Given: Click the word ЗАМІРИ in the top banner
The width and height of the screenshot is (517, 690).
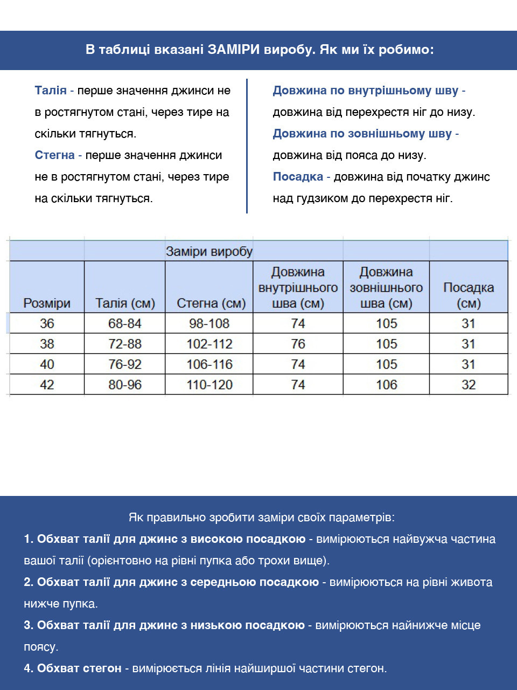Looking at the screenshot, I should (234, 50).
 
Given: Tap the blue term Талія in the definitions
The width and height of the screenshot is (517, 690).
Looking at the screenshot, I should (51, 91).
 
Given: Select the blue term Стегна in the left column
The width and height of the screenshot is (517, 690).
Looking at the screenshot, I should (54, 155).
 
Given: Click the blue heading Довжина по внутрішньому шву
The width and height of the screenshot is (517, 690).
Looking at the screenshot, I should (366, 91).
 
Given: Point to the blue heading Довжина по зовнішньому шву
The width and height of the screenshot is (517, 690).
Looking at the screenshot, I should (362, 134).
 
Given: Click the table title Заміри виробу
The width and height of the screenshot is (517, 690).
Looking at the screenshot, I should (209, 251).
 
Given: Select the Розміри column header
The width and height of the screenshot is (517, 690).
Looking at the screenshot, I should (47, 303).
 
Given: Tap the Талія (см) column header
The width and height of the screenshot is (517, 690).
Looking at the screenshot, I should (125, 303).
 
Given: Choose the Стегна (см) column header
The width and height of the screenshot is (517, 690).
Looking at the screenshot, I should (211, 303).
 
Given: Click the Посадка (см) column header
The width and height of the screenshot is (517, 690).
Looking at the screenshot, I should (469, 295).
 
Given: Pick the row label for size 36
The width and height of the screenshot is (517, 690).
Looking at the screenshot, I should (47, 323).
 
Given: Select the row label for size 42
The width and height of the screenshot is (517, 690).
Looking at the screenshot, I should (47, 385).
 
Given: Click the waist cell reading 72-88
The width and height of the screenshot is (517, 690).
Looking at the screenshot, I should (125, 344).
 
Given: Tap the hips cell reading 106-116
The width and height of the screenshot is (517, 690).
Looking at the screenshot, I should (209, 364).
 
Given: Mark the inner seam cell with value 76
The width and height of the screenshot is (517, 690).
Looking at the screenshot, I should (298, 344).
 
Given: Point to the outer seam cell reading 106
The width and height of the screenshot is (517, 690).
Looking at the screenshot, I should (386, 385).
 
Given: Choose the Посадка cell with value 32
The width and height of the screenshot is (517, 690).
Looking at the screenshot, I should (469, 385).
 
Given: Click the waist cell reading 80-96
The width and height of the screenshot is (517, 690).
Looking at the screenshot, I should (125, 385).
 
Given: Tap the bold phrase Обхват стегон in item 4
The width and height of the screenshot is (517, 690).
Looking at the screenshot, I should (79, 668).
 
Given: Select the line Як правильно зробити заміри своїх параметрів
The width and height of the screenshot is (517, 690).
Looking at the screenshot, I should (262, 517).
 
